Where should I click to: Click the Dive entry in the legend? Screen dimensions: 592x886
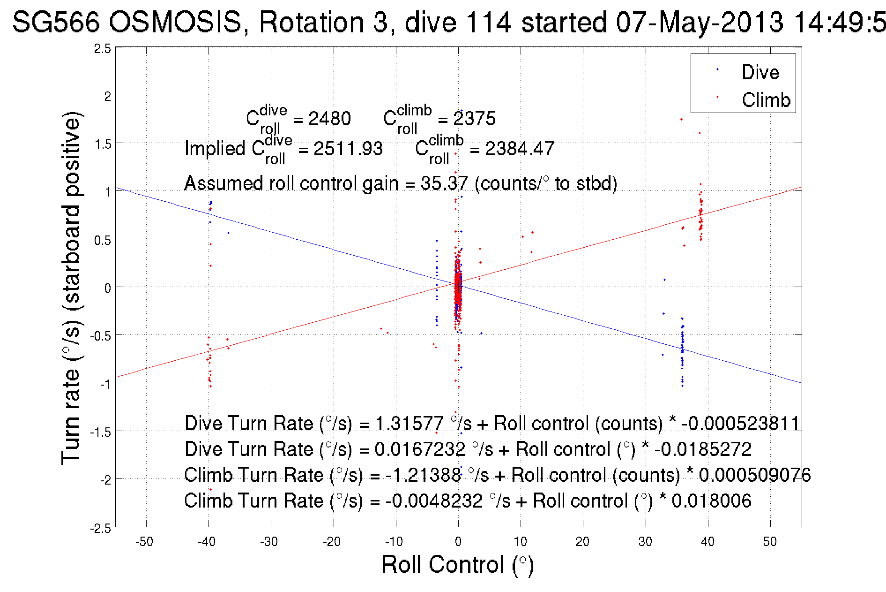click(760, 72)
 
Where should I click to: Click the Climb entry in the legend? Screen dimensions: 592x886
click(766, 100)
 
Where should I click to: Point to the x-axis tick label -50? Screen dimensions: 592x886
click(144, 542)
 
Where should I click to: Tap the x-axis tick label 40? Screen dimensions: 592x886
click(707, 542)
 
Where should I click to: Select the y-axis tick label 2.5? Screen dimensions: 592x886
click(103, 49)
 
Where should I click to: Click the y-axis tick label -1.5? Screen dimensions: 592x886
click(101, 432)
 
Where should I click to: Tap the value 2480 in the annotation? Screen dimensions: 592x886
click(329, 119)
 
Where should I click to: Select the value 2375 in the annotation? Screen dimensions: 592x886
click(474, 119)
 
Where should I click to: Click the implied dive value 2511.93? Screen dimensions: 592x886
click(348, 149)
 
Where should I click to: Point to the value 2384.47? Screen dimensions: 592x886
click(519, 149)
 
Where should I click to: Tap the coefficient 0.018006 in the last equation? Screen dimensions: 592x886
click(711, 501)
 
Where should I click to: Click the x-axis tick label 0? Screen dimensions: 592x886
click(458, 542)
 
